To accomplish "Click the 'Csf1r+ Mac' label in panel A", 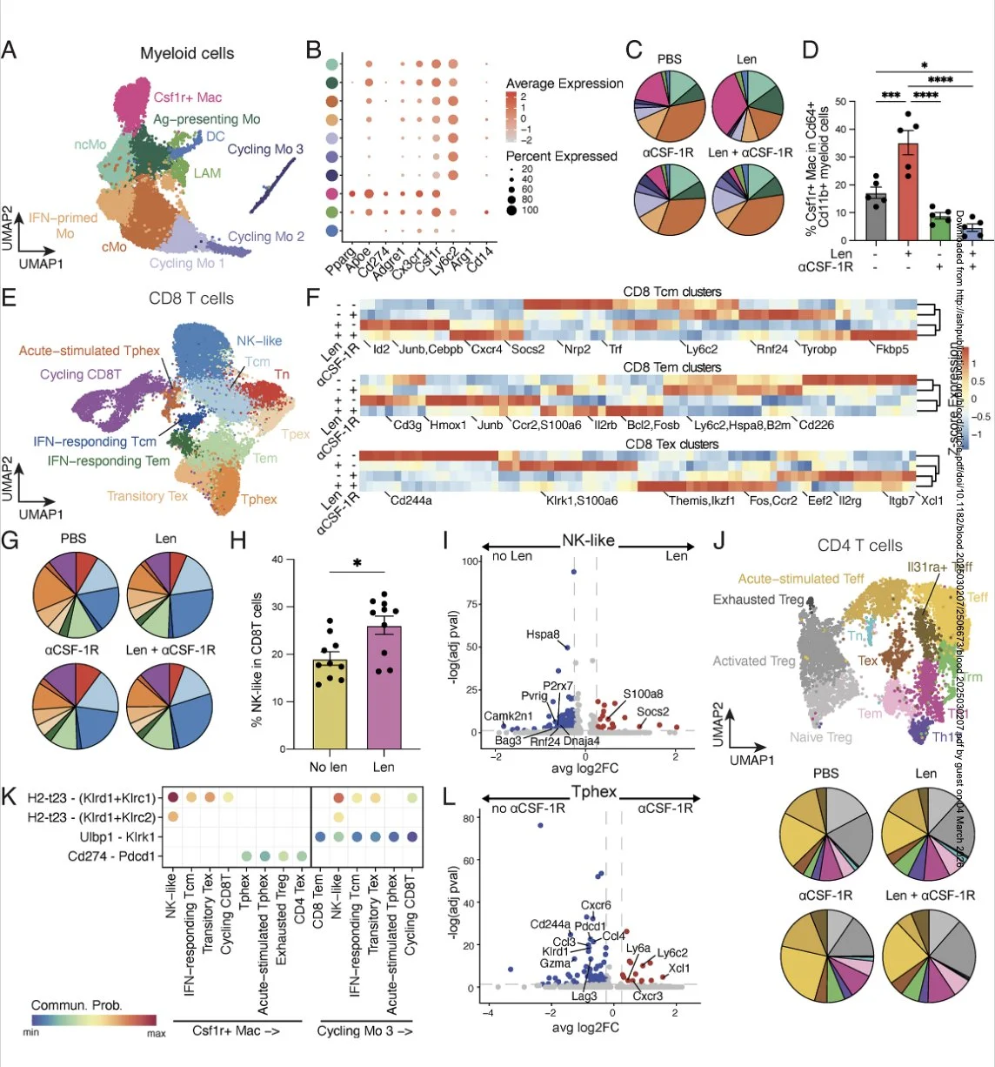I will tap(188, 97).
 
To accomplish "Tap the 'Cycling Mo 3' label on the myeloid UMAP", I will tap(265, 149).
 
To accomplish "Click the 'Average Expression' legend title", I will tap(564, 84).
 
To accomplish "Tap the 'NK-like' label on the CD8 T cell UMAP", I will tap(259, 340).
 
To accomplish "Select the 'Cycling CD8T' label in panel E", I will tap(81, 374).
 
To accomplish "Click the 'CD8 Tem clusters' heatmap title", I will tap(671, 367).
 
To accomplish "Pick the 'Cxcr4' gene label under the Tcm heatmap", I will tap(487, 350).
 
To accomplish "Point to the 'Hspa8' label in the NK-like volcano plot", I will tap(543, 634).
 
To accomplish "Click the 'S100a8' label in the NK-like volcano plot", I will tap(643, 694).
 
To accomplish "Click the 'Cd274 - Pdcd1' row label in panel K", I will tap(112, 856).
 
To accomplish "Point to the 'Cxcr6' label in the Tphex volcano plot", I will tap(596, 905).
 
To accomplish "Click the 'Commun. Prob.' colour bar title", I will tap(77, 1005).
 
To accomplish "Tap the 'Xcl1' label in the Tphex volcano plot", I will tap(679, 968).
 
